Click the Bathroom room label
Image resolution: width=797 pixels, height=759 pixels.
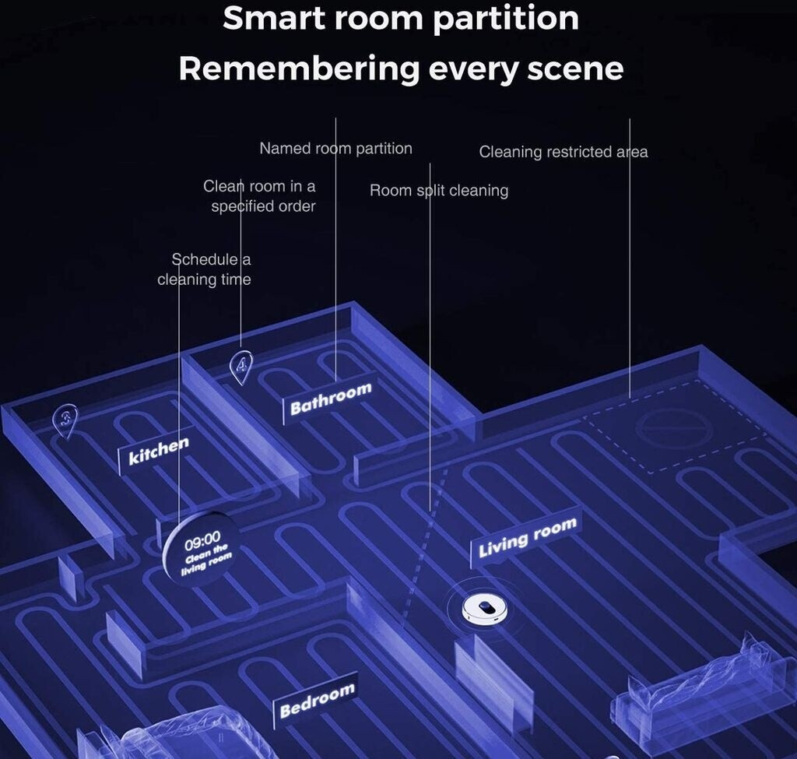(331, 399)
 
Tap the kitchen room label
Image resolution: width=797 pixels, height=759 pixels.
(158, 451)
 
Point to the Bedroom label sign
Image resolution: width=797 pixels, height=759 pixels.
(317, 699)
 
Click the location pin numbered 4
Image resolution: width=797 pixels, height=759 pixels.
(243, 365)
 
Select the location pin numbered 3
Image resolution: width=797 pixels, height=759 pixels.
(66, 421)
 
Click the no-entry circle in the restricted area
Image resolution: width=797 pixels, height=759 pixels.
(674, 429)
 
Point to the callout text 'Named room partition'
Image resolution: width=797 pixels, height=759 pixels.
(335, 148)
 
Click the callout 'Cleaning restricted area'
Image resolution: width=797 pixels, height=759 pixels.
(563, 152)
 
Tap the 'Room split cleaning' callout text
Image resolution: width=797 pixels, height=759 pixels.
(438, 190)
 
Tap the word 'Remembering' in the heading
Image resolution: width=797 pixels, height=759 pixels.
(299, 69)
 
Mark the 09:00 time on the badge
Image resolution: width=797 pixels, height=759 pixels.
(202, 537)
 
